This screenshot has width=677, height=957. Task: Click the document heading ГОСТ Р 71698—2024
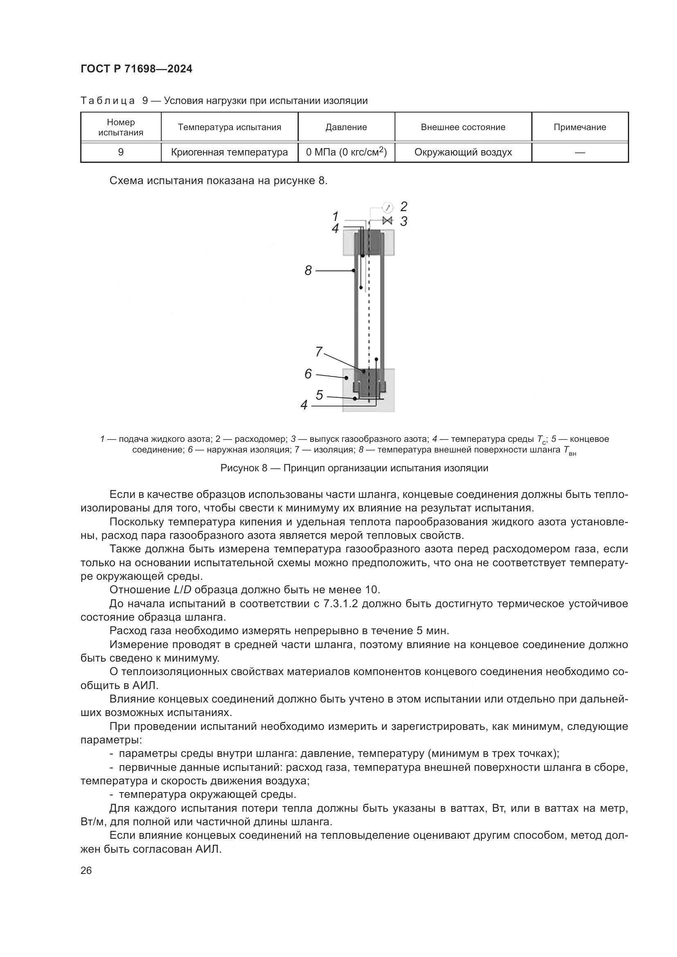coord(136,69)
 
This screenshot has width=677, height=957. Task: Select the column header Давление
coord(346,127)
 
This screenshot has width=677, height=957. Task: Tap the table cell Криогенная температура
coord(229,152)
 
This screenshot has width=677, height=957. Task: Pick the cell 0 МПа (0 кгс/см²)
coord(346,152)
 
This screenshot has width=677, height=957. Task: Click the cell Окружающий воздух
coord(463,152)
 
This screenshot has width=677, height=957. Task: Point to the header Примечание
coord(580,127)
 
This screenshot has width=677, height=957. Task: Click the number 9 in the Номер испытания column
coord(121,152)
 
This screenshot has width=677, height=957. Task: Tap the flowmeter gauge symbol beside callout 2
coord(388,207)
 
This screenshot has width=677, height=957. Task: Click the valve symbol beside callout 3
coord(388,221)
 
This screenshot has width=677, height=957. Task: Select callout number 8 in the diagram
coord(308,271)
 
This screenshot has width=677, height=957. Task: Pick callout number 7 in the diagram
coord(318,352)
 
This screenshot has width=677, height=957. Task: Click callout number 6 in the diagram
coord(308,374)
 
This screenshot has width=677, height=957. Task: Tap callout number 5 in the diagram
coord(319,395)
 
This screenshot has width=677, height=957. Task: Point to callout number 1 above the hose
coord(335,216)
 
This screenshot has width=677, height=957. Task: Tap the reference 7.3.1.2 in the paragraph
coord(341,603)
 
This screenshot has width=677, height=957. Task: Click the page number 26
coord(86,871)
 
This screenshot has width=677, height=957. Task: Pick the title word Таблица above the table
coord(108,101)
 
